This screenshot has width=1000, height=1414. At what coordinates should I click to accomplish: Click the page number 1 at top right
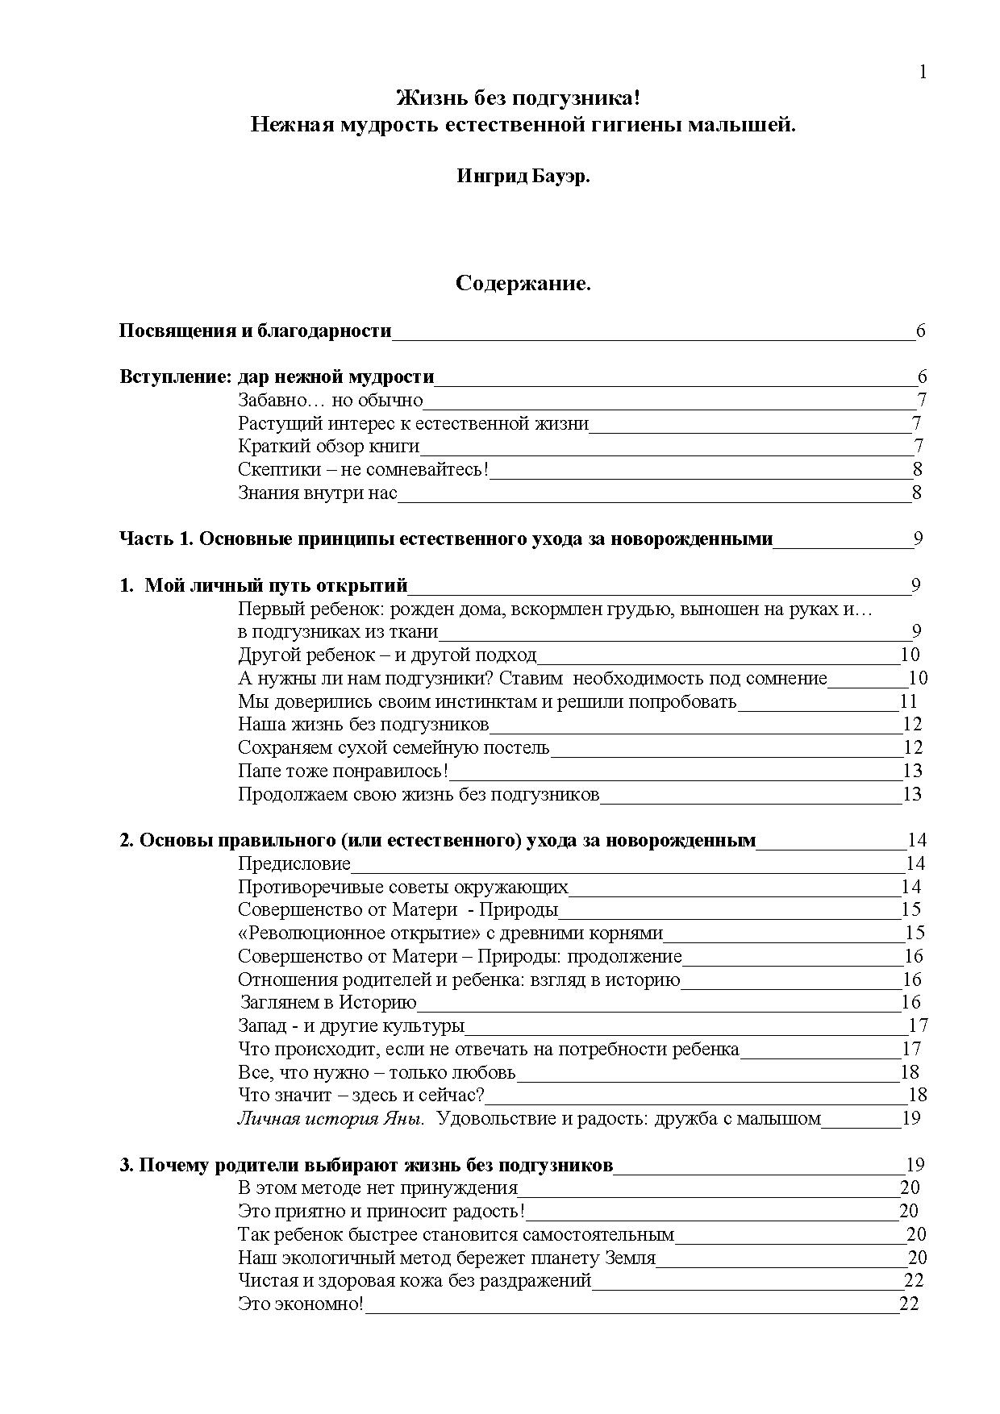[923, 73]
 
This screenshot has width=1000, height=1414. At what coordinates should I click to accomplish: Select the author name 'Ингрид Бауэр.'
[523, 176]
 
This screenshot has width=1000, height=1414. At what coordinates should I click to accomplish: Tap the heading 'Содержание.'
[523, 284]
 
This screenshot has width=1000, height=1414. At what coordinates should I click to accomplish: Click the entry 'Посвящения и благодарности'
[255, 331]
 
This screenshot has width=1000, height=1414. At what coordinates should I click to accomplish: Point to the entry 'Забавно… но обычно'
[330, 400]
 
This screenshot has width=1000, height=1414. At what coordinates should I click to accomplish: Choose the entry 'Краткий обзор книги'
[328, 446]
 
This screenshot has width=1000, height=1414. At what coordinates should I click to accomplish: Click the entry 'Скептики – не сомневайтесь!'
[363, 469]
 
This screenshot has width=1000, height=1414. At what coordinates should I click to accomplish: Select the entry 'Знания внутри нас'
[318, 493]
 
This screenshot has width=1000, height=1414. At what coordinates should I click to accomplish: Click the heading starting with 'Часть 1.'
[446, 539]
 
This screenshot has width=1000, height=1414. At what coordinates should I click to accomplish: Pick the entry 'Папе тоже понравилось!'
[343, 771]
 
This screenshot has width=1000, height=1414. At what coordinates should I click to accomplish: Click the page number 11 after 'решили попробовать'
[908, 701]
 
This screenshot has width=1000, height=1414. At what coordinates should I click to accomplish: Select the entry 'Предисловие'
[294, 864]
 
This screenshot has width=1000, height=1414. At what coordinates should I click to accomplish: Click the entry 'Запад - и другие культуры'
[351, 1026]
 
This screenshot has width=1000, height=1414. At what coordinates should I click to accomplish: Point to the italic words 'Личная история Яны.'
[331, 1119]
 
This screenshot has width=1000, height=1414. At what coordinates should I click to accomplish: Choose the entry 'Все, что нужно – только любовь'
[377, 1073]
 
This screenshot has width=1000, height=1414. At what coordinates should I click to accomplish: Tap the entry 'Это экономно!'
[301, 1304]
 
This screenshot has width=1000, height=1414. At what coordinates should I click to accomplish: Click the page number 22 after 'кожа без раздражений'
[913, 1280]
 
